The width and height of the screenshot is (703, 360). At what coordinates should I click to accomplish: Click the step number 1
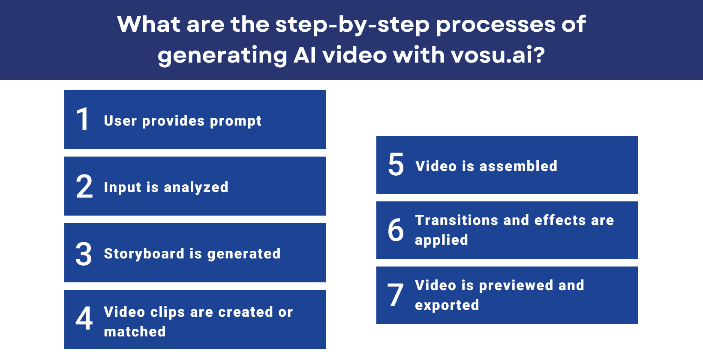(x=82, y=119)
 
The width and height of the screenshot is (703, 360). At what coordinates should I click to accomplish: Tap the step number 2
(x=84, y=186)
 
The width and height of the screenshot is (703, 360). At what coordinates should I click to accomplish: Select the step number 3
(x=84, y=254)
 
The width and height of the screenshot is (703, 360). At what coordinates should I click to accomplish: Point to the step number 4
(x=84, y=318)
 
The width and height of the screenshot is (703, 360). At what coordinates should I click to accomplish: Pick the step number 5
(x=396, y=165)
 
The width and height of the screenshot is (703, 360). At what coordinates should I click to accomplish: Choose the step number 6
(x=396, y=230)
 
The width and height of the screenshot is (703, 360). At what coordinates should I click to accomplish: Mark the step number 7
(x=396, y=295)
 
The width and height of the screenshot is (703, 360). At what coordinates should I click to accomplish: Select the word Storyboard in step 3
(x=144, y=254)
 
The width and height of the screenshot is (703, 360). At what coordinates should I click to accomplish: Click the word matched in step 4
(x=135, y=331)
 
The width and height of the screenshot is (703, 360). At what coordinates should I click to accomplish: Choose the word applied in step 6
(x=441, y=240)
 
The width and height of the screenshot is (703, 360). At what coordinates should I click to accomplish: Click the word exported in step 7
(x=447, y=305)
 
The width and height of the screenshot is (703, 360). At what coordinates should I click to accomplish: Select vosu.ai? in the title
(x=497, y=55)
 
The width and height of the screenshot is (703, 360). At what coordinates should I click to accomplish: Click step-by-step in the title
(x=352, y=25)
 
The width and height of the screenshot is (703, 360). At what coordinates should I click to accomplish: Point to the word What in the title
(x=149, y=24)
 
